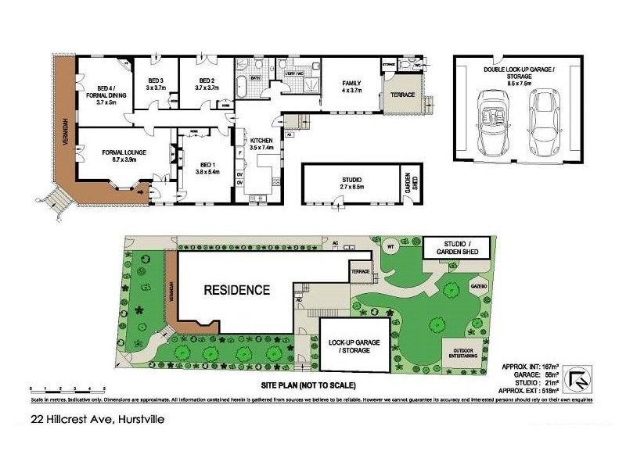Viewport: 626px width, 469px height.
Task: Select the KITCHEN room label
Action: click(261, 142)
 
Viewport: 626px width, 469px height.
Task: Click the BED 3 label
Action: click(156, 84)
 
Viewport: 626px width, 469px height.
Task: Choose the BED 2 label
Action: click(207, 84)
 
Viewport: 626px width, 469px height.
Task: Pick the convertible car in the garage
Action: click(493, 121)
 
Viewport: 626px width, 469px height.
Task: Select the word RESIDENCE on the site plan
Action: click(237, 290)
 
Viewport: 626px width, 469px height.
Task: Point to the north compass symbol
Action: click(580, 380)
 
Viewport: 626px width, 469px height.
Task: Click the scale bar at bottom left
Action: click(67, 388)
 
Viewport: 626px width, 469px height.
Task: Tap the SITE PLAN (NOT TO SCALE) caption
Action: click(309, 385)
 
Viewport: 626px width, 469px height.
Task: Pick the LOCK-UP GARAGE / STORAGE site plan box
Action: click(354, 345)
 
